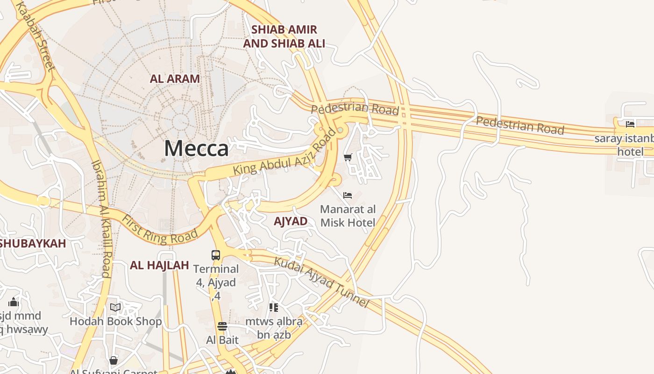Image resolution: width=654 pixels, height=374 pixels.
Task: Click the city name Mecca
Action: click(196, 149)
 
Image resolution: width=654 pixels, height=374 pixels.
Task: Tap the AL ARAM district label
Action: click(175, 79)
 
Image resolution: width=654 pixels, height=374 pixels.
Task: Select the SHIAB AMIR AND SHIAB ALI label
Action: click(284, 36)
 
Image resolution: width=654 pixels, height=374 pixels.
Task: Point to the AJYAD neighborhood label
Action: click(291, 221)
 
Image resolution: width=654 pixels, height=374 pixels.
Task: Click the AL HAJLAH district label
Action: click(159, 265)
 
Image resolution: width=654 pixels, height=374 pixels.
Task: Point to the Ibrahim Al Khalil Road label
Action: click(102, 218)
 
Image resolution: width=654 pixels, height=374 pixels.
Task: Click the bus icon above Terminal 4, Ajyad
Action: click(216, 255)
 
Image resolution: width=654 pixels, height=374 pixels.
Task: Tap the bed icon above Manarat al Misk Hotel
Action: click(348, 195)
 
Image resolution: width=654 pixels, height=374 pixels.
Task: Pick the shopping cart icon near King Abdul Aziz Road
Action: click(348, 158)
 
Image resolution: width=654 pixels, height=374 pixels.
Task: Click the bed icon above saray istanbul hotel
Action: click(630, 124)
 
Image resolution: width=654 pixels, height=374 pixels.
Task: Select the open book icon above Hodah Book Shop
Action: click(115, 307)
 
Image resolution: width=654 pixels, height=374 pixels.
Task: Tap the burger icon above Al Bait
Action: click(222, 326)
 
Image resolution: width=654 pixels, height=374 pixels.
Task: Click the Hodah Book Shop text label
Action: click(115, 321)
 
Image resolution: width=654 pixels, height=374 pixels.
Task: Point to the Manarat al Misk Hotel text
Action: click(348, 216)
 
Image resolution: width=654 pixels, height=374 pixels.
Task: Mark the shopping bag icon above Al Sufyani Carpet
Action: click(113, 360)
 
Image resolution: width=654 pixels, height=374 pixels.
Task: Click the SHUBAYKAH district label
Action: click(33, 244)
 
